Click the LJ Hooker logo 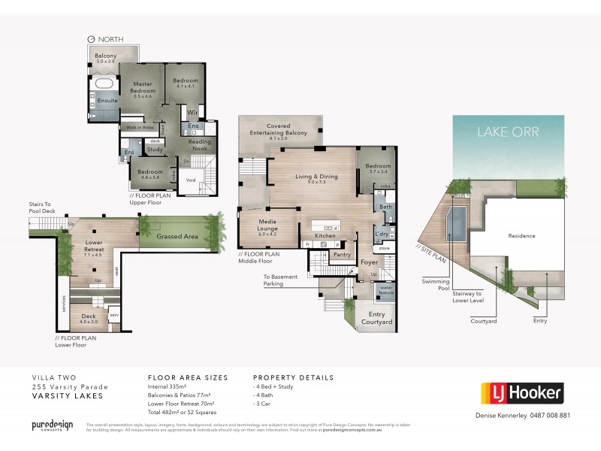point(521,393)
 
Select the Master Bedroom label point(143,87)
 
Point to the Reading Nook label point(199,145)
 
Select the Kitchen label point(325,236)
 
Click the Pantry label point(342,255)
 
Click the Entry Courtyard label point(377,318)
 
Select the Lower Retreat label point(94,245)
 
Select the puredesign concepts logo point(52,425)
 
